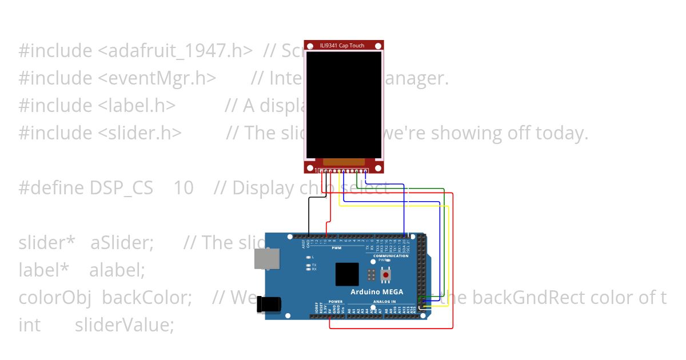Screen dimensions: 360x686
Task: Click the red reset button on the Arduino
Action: pos(386,275)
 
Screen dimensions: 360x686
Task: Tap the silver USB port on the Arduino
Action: pos(267,258)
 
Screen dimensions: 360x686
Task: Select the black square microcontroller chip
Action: pos(347,274)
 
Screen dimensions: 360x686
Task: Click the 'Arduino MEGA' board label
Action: pos(377,292)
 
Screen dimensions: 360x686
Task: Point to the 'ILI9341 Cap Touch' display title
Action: pos(344,46)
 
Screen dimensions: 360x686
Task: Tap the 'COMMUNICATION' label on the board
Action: pos(390,256)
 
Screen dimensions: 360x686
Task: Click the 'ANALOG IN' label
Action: pos(385,301)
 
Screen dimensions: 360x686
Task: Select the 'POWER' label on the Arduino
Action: pos(336,301)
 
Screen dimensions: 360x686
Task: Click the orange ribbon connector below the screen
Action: pos(344,162)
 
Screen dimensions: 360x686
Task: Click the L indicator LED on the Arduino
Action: pos(309,257)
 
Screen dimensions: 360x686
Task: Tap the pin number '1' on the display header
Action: pos(316,170)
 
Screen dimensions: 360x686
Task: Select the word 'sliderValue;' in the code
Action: pos(124,325)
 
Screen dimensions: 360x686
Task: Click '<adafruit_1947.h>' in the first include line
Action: pos(175,50)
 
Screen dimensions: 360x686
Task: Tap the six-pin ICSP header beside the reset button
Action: pos(371,275)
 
